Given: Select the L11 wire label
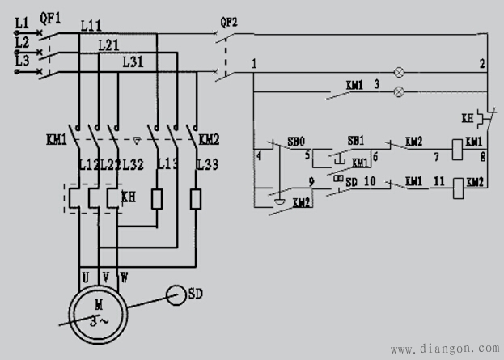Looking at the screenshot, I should [91, 27].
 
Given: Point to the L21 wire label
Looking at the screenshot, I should [109, 45].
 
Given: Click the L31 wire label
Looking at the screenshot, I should [134, 61].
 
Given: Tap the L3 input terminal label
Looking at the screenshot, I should [22, 61].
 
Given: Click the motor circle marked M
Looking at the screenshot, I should [98, 310].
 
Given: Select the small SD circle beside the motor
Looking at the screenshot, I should [172, 293].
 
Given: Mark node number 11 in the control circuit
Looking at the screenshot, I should [438, 183].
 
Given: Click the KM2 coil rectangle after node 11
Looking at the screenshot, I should [457, 186].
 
